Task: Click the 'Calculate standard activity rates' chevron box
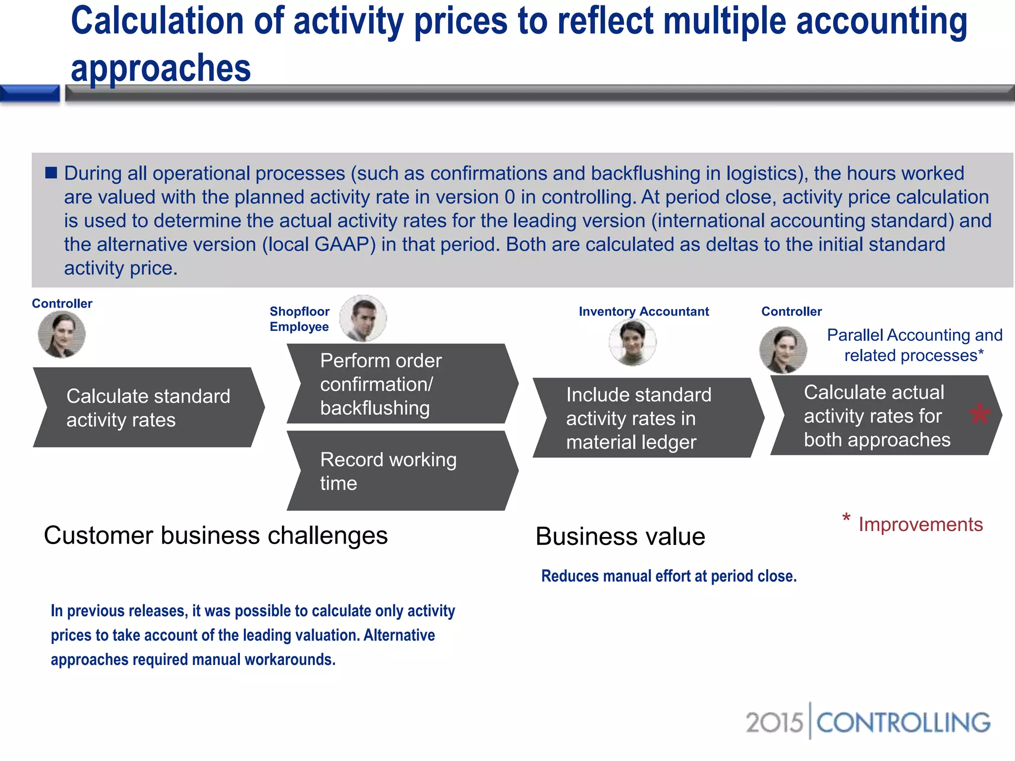pos(148,407)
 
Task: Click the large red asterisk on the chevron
pos(980,414)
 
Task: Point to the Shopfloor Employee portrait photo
pos(363,318)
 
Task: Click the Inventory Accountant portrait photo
pos(632,342)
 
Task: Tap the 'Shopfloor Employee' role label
pos(299,319)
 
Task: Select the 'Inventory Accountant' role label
pos(643,311)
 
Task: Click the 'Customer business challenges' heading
pos(216,535)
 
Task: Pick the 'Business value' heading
pos(620,536)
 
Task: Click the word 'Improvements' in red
pos(920,524)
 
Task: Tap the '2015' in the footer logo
pos(774,722)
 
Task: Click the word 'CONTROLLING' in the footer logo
pos(903,722)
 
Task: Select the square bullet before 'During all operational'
pos(51,172)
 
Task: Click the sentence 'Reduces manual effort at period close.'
pos(669,576)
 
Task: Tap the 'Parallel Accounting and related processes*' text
pos(914,345)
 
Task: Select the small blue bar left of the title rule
pos(30,93)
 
